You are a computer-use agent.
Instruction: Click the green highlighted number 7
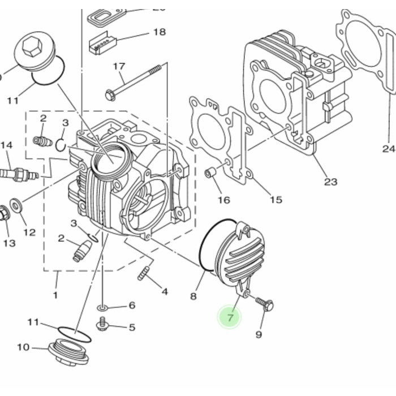[x=230, y=317]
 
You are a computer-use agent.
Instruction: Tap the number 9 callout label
[x=259, y=334]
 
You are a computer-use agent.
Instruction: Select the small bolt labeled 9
[x=264, y=304]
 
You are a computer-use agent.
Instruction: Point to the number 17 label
[x=119, y=67]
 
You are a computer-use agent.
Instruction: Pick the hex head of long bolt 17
[x=110, y=94]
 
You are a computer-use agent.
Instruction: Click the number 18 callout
[x=160, y=32]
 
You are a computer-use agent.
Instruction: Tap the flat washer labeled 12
[x=16, y=204]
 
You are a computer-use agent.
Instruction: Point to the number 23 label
[x=330, y=182]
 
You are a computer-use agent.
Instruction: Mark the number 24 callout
[x=388, y=149]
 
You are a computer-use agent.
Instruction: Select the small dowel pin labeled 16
[x=211, y=172]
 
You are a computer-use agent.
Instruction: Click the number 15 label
[x=276, y=199]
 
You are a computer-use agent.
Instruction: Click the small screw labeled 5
[x=102, y=325]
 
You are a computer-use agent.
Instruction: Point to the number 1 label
[x=55, y=295]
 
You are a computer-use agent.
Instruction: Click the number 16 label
[x=224, y=200]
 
